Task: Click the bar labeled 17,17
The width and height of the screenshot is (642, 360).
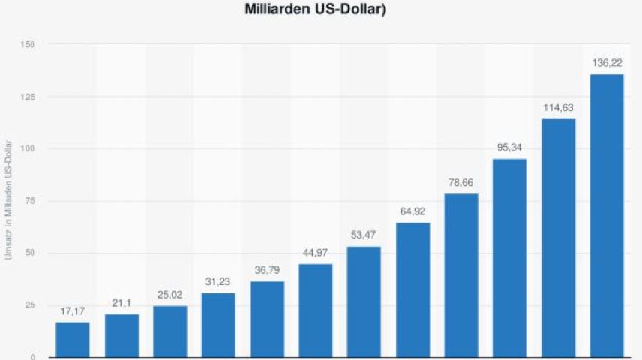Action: (73, 339)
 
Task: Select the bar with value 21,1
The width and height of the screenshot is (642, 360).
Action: (121, 335)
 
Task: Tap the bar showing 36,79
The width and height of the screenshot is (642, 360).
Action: (267, 319)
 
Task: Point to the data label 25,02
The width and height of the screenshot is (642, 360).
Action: (169, 295)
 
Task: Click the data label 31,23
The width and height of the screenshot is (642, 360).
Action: (218, 283)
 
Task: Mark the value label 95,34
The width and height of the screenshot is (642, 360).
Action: (509, 148)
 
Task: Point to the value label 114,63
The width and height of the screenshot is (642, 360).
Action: (558, 108)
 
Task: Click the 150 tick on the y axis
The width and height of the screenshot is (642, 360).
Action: (28, 45)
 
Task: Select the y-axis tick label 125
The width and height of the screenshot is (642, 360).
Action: (28, 97)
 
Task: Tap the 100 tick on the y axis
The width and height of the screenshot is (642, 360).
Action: (28, 149)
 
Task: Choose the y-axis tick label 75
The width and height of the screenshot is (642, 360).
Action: (30, 201)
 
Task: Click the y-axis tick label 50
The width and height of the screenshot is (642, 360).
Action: (30, 253)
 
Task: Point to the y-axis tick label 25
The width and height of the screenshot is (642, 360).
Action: (30, 305)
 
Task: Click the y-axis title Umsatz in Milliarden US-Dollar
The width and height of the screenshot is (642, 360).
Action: (9, 201)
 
